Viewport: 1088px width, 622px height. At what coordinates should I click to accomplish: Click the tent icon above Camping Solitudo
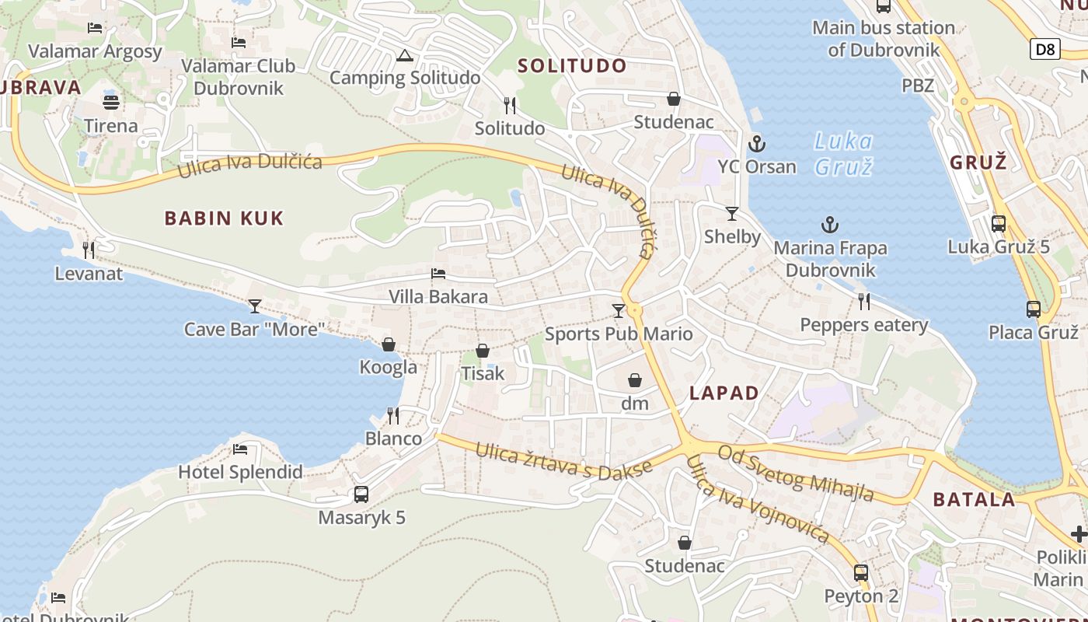[404, 55]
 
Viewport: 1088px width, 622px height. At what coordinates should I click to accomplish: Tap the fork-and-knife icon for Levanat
[89, 250]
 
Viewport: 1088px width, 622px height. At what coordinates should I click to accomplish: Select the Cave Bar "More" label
[253, 329]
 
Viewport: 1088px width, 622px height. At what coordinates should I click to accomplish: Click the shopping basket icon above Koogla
[389, 344]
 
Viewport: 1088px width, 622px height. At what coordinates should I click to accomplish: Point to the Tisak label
[483, 373]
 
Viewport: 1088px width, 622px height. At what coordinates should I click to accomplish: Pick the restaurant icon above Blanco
[393, 416]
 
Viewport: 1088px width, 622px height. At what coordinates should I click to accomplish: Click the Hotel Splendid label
[240, 472]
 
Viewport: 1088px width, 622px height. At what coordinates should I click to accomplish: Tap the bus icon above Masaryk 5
[361, 494]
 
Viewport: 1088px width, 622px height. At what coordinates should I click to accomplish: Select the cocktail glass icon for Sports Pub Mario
[619, 311]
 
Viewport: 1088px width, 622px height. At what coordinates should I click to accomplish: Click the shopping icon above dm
[635, 380]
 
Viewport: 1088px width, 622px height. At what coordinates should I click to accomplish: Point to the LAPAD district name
[724, 393]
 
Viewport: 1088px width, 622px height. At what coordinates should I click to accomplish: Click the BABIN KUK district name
[224, 218]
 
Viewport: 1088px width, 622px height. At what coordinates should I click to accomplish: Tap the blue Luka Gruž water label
[843, 154]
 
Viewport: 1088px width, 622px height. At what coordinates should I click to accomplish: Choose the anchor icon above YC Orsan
[756, 144]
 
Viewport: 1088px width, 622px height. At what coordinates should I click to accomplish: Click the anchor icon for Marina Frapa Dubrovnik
[830, 225]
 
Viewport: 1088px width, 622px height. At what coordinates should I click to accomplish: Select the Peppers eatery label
[864, 325]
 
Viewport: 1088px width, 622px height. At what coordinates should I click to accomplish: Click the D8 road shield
[1046, 50]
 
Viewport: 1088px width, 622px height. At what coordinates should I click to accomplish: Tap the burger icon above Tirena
[111, 103]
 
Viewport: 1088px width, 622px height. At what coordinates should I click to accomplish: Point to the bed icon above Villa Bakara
[438, 274]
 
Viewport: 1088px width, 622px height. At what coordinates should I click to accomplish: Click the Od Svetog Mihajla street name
[795, 473]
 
